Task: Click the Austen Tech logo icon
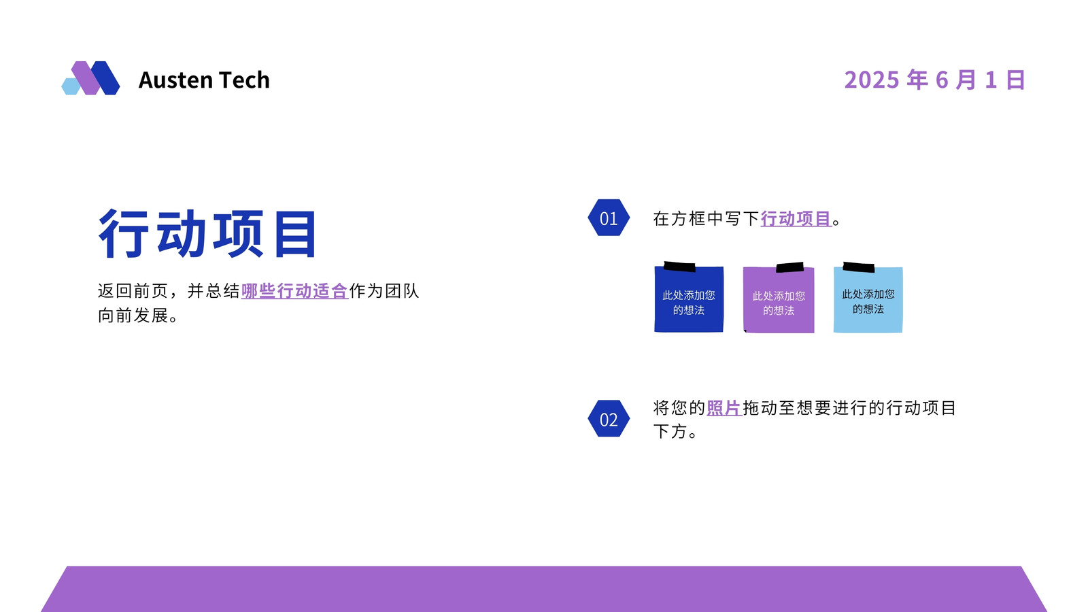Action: pos(91,78)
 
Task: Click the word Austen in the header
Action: pos(175,80)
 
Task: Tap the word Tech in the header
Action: pos(244,80)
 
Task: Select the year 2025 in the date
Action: pos(872,80)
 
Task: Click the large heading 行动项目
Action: pos(208,234)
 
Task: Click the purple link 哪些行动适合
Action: pos(295,291)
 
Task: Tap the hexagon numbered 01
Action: pos(609,218)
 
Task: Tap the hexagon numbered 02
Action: pos(609,419)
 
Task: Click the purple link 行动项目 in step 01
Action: pos(796,218)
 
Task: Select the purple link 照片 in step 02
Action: pos(724,407)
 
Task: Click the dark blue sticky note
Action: pos(689,299)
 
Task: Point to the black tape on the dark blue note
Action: pos(679,266)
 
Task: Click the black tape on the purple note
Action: pos(789,267)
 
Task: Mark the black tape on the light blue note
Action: pos(859,267)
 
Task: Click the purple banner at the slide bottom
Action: pos(544,589)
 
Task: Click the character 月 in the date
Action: pos(966,80)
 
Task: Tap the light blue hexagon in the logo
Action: pos(71,86)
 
